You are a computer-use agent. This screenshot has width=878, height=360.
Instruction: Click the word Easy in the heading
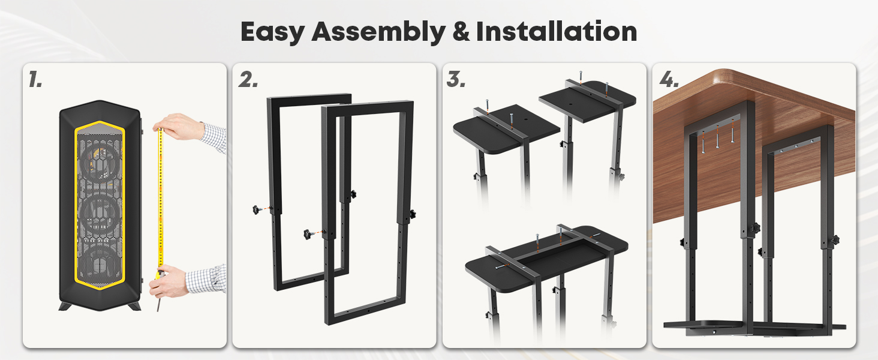[x=272, y=32]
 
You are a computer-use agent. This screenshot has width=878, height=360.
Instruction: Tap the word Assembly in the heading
[x=378, y=32]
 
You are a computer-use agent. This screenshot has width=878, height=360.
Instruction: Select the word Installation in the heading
[x=556, y=31]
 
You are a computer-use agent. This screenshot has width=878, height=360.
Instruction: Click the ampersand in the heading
[x=461, y=32]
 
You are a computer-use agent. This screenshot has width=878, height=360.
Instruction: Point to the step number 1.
[x=35, y=79]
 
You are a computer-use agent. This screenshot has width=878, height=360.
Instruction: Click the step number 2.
[x=248, y=79]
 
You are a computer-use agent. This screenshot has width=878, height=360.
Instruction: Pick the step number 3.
[x=456, y=79]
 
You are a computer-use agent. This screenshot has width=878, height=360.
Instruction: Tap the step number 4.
[x=669, y=79]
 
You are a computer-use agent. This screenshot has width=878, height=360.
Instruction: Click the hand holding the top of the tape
[x=178, y=126]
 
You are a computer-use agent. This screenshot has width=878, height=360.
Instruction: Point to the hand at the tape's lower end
[x=169, y=281]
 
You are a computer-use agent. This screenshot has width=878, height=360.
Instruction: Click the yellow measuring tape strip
[x=160, y=200]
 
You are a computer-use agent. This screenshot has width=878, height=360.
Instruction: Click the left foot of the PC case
[x=65, y=306]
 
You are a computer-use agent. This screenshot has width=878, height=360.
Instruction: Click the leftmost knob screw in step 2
[x=257, y=210]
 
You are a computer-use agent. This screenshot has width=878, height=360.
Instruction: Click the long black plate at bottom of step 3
[x=546, y=258]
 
